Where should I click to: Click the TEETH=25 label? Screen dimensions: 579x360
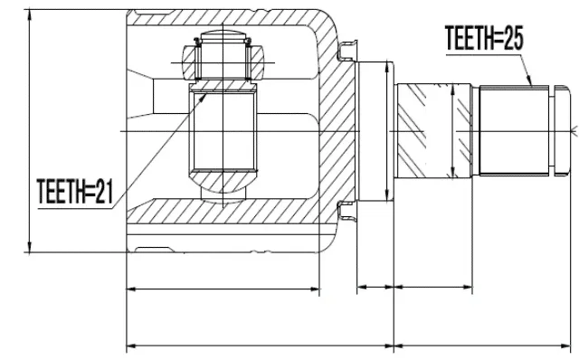[x=484, y=38]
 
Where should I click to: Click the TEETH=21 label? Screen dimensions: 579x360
[x=75, y=191]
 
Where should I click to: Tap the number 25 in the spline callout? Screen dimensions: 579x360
[x=513, y=38]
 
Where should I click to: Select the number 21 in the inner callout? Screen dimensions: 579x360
[x=104, y=191]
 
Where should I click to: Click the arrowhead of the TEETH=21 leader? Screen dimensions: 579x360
[x=203, y=98]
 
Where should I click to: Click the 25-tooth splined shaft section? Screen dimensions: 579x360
[x=514, y=130]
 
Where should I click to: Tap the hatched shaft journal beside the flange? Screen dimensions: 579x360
[x=433, y=131]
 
